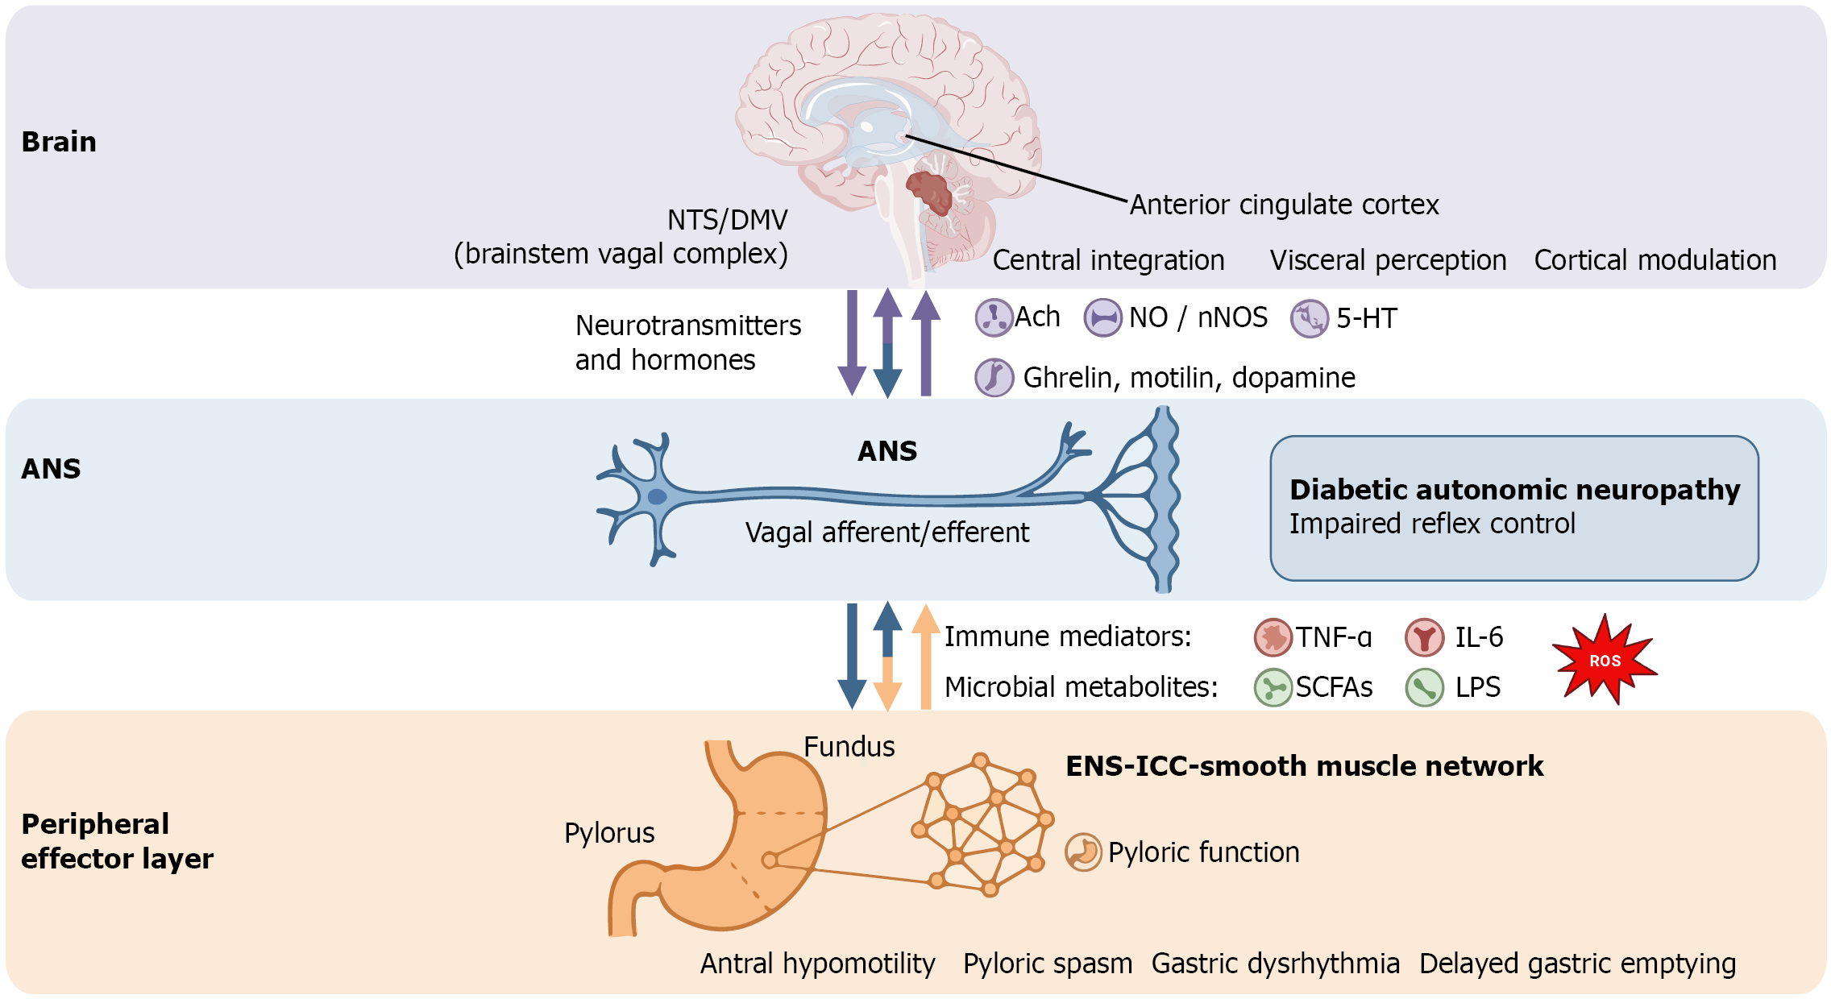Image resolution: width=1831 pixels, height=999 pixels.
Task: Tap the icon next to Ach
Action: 994,317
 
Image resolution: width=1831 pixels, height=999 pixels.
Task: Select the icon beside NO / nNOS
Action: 1102,317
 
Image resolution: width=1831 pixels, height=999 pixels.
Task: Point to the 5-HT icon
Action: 1309,319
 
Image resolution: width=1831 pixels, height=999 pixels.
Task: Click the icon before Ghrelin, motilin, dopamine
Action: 994,377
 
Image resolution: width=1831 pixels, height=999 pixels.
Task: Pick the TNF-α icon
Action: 1273,637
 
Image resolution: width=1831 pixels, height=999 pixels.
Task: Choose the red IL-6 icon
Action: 1424,637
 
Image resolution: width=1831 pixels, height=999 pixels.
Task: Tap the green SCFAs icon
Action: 1273,688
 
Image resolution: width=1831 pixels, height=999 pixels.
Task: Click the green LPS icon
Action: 1424,688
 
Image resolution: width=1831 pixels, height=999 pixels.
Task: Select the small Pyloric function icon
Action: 1083,852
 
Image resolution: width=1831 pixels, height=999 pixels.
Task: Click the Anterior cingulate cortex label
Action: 1284,205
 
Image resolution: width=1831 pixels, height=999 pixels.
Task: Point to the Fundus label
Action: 849,747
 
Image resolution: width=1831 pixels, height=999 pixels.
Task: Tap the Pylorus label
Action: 609,833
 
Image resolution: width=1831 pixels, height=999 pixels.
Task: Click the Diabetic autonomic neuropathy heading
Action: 1514,490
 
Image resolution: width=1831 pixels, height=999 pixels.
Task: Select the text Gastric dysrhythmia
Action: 1275,964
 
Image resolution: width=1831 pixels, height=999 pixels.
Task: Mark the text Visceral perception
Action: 1388,260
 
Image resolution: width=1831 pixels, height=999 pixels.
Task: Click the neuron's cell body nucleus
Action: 658,496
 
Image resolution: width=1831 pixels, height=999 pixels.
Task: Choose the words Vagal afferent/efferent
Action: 886,533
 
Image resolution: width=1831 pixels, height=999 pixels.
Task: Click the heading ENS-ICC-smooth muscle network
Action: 1304,766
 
